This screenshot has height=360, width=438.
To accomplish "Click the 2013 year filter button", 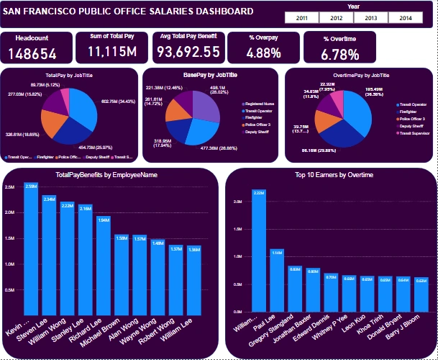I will (371, 17).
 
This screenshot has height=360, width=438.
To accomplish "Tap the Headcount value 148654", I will (37, 53).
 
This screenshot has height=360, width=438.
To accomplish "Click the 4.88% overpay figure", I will (263, 53).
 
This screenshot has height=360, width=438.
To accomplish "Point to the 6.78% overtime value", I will (339, 54).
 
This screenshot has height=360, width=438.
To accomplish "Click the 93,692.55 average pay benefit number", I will (188, 52).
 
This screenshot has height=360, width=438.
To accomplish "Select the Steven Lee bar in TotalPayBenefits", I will (49, 252).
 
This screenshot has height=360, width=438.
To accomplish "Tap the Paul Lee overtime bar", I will (276, 280).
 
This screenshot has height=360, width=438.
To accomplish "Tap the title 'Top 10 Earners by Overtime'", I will (329, 175).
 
